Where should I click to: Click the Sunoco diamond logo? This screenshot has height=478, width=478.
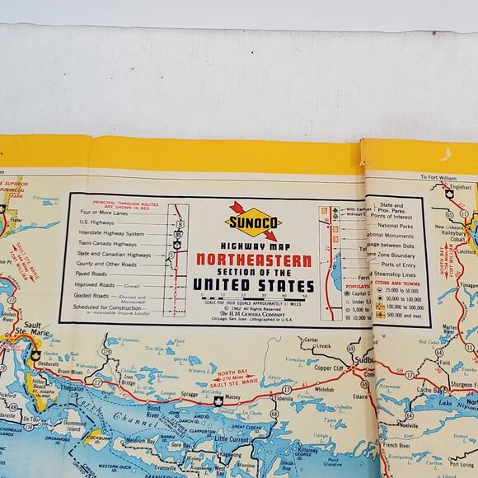coord(252,221)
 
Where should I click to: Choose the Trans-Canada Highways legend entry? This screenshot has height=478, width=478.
coord(115,244)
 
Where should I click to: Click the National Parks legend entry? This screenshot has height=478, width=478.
coord(395,226)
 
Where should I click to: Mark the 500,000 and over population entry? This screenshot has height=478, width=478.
coord(398,315)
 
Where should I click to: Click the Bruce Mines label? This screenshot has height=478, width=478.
coord(77,374)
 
